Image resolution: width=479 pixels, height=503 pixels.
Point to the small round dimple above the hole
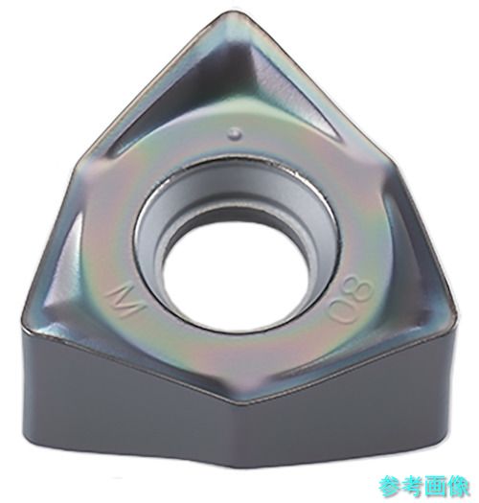click(x=236, y=133)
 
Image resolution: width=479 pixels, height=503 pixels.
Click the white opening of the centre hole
click(x=238, y=279)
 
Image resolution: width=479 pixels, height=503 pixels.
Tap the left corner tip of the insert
click(x=23, y=316)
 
